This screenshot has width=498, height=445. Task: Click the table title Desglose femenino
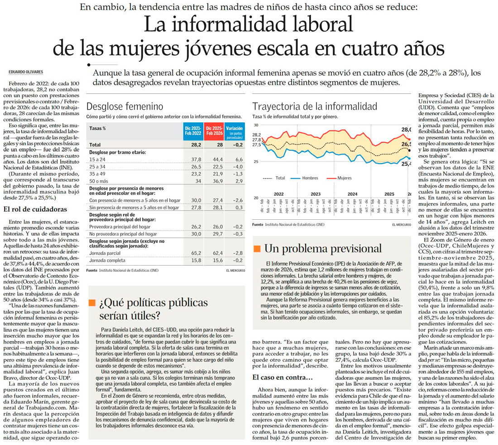coord(124,107)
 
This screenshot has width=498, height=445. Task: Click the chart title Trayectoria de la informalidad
coord(314,107)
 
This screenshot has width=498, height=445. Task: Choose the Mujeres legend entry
coord(344,178)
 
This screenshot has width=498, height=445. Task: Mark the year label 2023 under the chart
coord(315,194)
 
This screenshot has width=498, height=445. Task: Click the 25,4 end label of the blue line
coord(405,164)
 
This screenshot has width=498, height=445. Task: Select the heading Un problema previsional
coord(323,248)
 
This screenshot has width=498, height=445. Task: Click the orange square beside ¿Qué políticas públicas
coord(92,303)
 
